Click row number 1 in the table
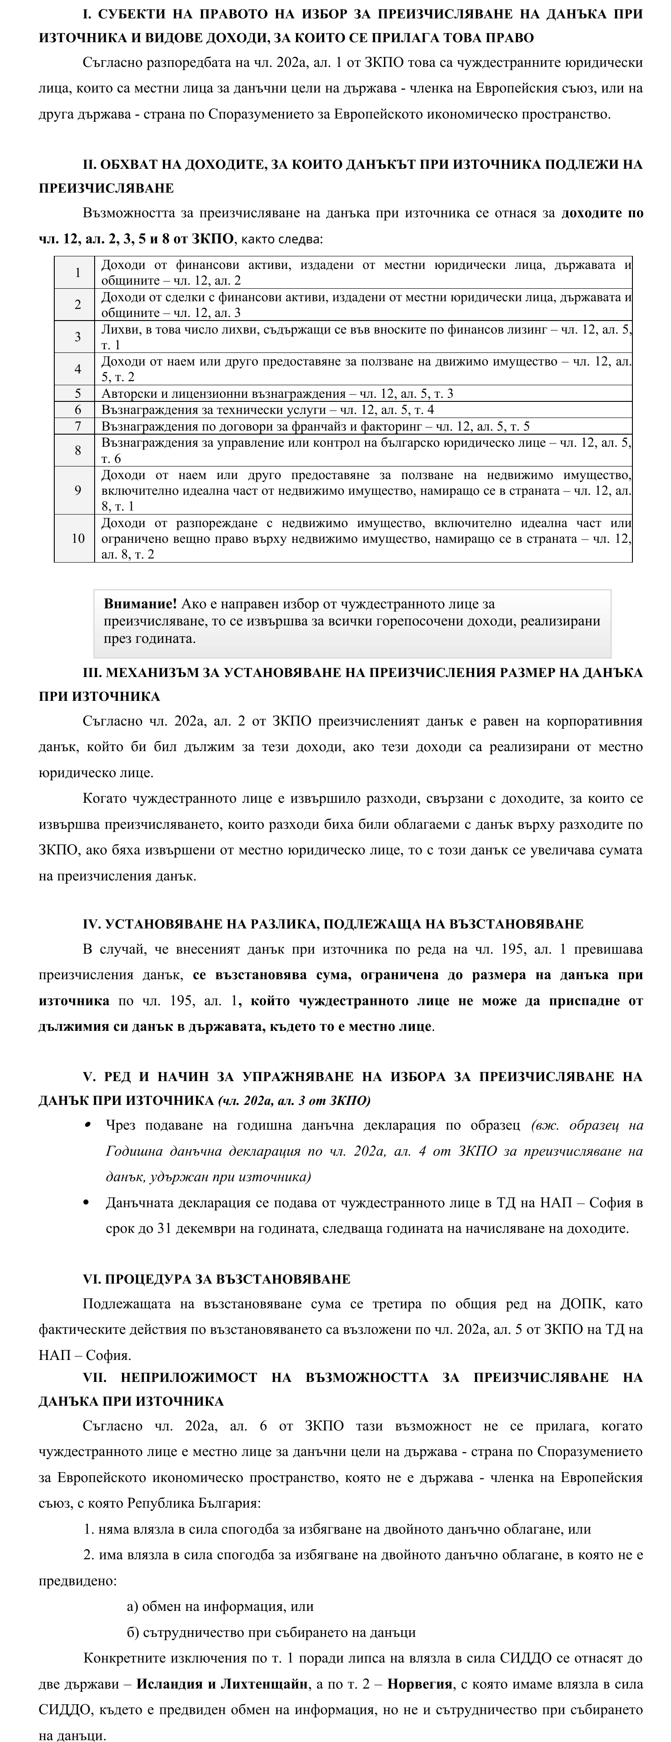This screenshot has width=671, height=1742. pyautogui.click(x=78, y=273)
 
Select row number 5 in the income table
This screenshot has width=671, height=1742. pyautogui.click(x=78, y=394)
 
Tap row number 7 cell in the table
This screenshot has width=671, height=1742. pyautogui.click(x=78, y=426)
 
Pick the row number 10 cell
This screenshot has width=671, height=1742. pyautogui.click(x=78, y=538)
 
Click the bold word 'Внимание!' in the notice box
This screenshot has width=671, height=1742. pyautogui.click(x=140, y=603)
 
